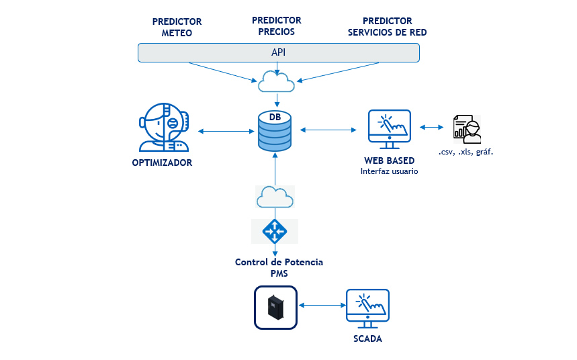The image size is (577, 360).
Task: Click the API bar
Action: click(278, 52)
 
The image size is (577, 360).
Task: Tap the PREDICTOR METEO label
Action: click(177, 27)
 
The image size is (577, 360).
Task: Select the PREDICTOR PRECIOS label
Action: click(276, 26)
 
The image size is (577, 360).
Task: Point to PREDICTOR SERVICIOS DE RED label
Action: click(387, 27)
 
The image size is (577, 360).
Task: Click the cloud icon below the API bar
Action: click(276, 82)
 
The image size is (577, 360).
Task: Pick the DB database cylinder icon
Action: click(275, 131)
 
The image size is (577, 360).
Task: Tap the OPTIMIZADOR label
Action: click(163, 163)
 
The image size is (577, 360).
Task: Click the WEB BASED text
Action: click(390, 161)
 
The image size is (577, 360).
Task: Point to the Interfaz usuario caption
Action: click(390, 171)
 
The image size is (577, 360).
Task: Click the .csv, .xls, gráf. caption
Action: click(465, 152)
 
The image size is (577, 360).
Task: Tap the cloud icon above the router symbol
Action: click(275, 197)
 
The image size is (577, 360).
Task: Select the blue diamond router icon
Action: click(275, 232)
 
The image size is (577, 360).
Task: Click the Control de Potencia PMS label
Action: click(279, 267)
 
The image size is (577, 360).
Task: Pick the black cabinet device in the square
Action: click(275, 308)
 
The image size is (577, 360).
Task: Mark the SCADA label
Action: click(367, 339)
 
